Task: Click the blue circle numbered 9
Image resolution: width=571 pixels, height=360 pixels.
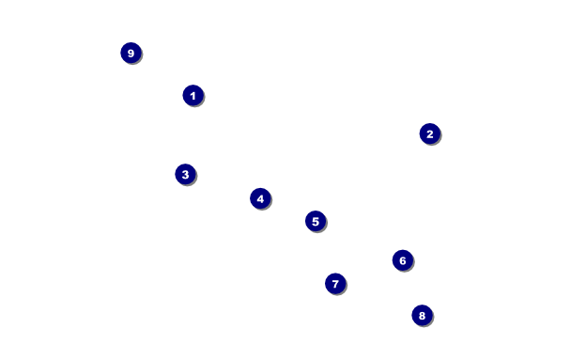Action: (131, 53)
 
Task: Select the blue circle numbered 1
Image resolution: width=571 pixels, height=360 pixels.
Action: (193, 96)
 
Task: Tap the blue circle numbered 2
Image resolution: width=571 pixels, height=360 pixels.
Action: (430, 133)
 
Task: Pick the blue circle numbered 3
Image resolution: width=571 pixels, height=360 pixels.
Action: (185, 174)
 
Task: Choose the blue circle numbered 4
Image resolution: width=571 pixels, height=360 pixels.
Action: (260, 198)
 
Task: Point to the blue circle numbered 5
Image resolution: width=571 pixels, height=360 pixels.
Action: (316, 221)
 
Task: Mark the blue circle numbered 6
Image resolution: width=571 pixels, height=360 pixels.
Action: (403, 260)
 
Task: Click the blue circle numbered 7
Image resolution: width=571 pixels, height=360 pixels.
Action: (335, 284)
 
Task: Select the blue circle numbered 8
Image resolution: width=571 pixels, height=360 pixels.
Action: (422, 315)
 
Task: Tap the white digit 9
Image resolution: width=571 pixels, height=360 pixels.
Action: (131, 54)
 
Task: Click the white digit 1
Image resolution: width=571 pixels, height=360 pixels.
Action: (193, 96)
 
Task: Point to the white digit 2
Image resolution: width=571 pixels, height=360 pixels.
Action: (430, 134)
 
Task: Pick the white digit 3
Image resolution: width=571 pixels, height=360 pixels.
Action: (185, 175)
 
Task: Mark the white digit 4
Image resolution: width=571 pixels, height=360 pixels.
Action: (260, 199)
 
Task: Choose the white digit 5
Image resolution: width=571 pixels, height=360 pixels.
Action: (316, 222)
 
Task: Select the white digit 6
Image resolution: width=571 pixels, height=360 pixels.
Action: (403, 260)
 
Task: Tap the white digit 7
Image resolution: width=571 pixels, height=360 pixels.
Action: (335, 284)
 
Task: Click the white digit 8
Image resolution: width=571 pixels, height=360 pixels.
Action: (422, 316)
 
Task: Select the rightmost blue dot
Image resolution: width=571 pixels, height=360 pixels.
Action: (430, 133)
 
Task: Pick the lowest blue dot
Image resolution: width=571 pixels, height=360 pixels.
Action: (422, 315)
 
